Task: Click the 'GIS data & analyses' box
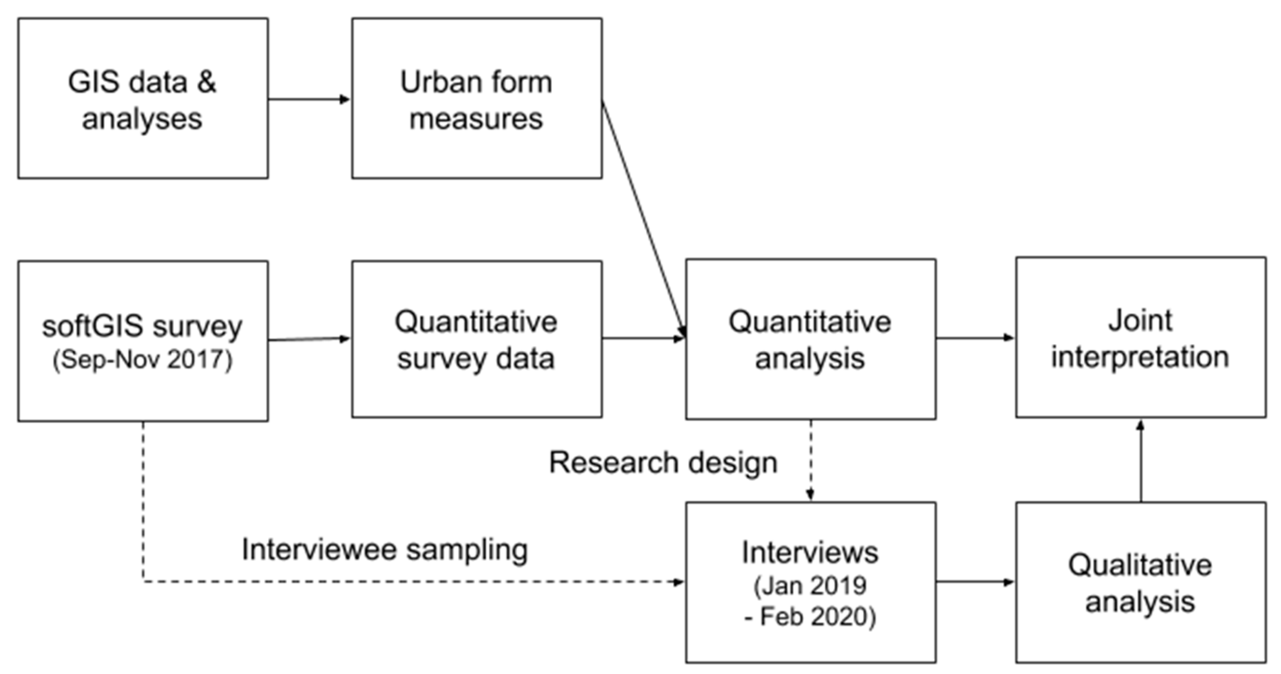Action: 143,99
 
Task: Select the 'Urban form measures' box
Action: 477,99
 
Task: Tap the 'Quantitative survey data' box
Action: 477,339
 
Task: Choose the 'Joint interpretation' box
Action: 1140,337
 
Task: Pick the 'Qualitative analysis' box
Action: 1140,582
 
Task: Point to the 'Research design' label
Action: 663,463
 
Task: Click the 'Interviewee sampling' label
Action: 384,550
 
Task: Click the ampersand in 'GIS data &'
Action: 206,82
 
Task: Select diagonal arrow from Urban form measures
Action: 644,219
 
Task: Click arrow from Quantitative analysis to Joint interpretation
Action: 975,338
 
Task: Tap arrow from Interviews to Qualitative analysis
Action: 975,582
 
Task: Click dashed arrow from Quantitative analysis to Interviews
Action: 811,460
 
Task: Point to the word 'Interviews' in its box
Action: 810,553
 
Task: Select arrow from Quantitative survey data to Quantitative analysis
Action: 644,339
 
